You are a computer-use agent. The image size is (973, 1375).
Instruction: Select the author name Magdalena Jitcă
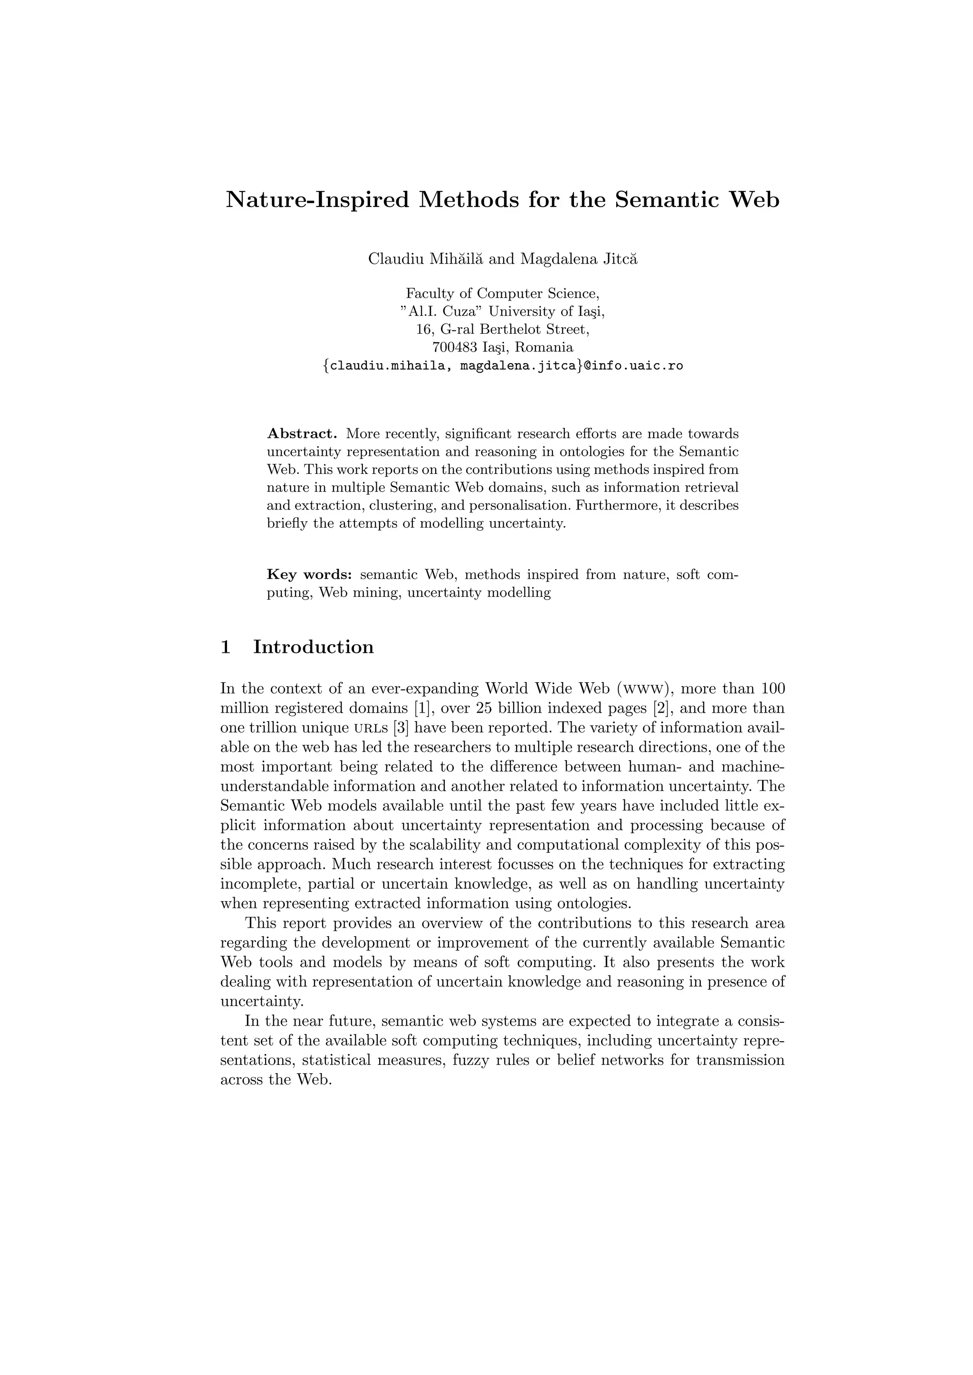(x=579, y=259)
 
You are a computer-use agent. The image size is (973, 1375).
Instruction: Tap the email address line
(x=503, y=365)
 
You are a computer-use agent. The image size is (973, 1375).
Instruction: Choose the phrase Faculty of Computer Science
(x=503, y=293)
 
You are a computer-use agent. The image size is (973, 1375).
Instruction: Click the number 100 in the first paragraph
(x=773, y=689)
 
